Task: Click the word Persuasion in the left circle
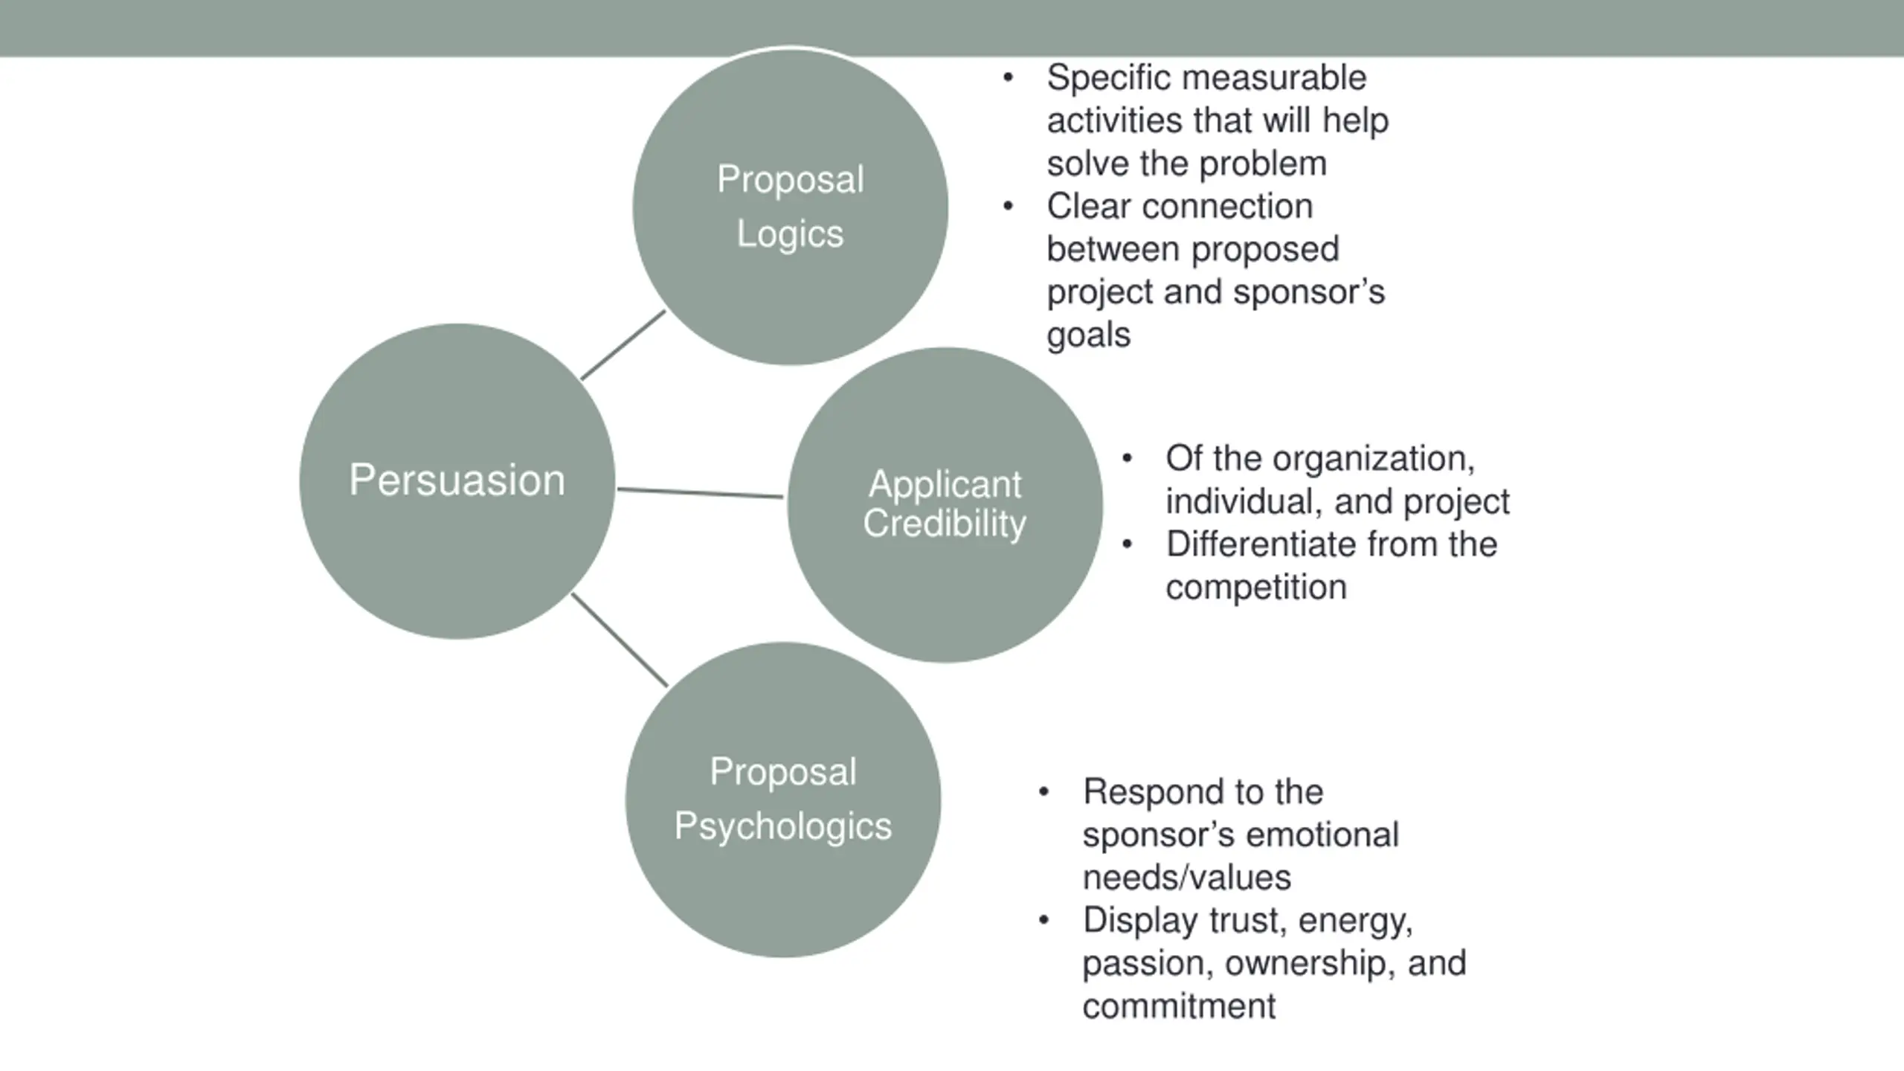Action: (457, 480)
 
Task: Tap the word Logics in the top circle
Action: (790, 235)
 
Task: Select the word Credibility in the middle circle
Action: (945, 524)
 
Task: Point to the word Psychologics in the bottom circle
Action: (782, 827)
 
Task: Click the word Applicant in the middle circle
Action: (945, 485)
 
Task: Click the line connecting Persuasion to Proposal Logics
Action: (623, 345)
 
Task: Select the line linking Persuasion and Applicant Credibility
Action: (700, 492)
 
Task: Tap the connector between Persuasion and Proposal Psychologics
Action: (620, 640)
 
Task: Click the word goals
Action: (1089, 336)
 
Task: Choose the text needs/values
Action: (1187, 878)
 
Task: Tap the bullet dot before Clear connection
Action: (1008, 206)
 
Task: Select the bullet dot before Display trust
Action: (1043, 921)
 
